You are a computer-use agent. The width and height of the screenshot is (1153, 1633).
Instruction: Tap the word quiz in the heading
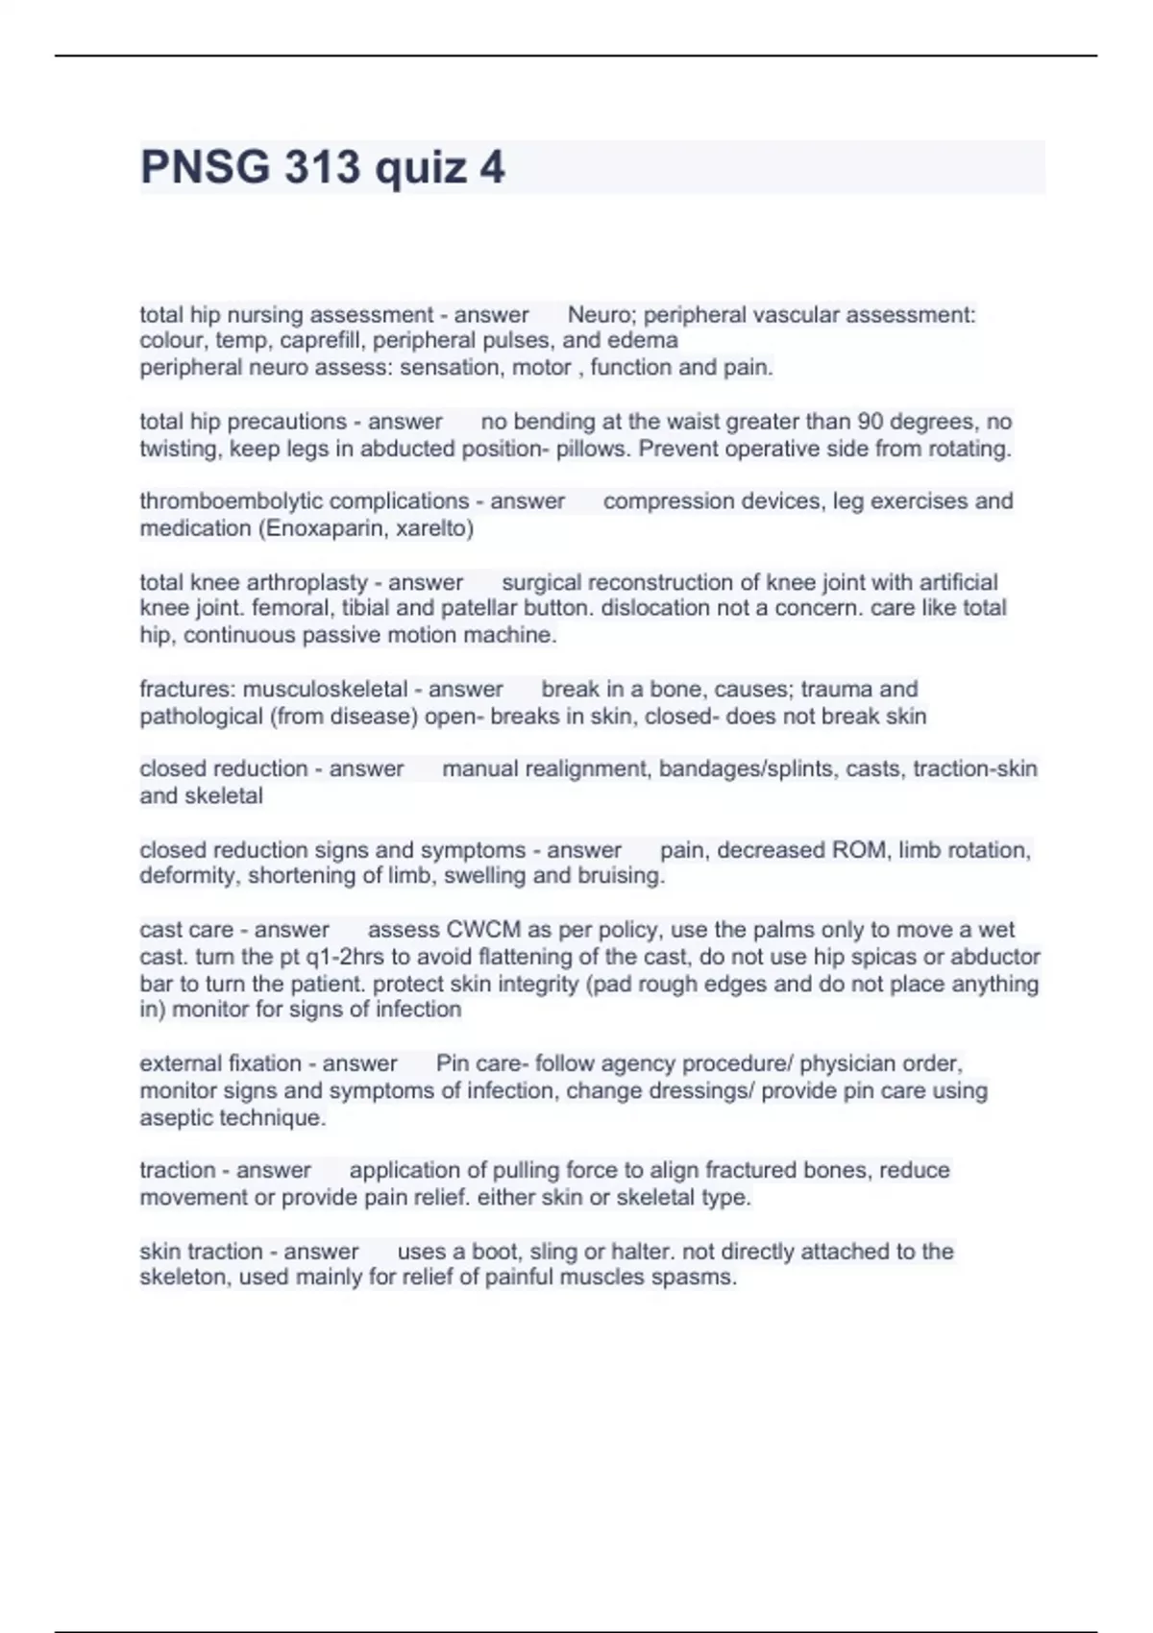coord(420,169)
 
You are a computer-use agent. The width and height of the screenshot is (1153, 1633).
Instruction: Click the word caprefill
coord(322,341)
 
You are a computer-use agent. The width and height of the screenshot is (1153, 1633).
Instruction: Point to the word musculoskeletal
coord(325,690)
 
